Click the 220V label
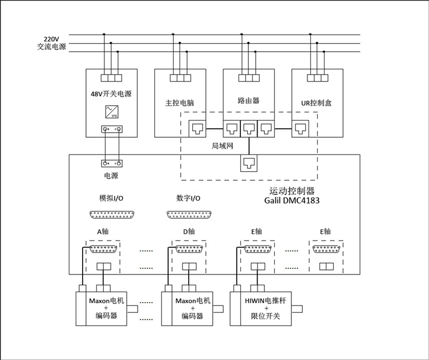point(51,39)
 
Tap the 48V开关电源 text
point(111,94)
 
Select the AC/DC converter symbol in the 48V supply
point(112,112)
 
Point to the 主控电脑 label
point(180,103)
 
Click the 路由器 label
point(248,100)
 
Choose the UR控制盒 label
point(316,103)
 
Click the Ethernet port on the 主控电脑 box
point(197,129)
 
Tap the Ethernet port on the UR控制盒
point(301,129)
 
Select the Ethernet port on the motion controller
point(249,163)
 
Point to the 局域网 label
point(223,146)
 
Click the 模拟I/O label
point(111,198)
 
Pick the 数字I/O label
point(188,198)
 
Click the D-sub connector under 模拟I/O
point(112,215)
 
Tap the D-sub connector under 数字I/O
point(189,215)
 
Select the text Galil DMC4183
point(292,200)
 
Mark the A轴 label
point(103,231)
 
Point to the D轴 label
point(189,231)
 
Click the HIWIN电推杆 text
point(266,300)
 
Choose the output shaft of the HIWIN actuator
point(297,309)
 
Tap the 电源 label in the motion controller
point(111,176)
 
